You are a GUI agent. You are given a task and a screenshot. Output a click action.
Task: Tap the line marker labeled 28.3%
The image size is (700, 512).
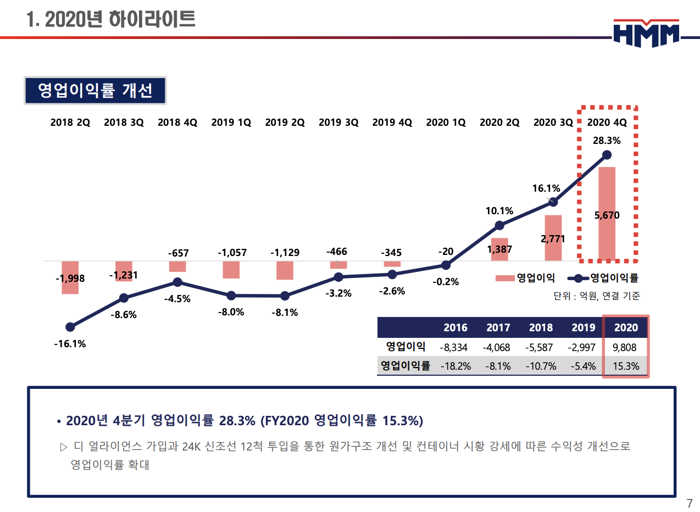(x=607, y=155)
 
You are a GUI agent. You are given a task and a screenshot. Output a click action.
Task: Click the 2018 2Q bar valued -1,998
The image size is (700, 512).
(x=70, y=277)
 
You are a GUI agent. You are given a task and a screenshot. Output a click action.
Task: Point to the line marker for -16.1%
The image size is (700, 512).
(x=70, y=327)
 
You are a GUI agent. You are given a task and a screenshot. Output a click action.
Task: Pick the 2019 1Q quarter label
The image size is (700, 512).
(x=231, y=123)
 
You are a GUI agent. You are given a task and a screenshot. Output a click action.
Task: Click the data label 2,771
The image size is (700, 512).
(x=553, y=239)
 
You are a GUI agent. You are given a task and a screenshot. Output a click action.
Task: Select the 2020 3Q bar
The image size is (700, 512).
(x=553, y=237)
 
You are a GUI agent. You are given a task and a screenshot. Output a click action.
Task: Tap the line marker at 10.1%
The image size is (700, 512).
(x=499, y=225)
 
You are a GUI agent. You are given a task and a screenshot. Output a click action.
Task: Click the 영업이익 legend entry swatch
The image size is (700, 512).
(x=505, y=278)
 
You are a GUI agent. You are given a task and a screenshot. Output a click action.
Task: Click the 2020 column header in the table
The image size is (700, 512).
(x=626, y=327)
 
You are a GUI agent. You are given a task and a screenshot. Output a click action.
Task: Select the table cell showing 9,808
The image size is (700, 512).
(x=626, y=347)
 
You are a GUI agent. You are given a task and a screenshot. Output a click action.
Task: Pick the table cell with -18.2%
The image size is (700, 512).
(x=455, y=366)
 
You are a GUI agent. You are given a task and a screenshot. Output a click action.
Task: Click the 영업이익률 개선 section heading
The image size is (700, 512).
(x=95, y=91)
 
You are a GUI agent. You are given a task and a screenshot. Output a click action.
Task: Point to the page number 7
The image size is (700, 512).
(x=690, y=503)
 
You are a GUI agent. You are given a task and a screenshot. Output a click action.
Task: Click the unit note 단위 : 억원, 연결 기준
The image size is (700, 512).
(x=597, y=296)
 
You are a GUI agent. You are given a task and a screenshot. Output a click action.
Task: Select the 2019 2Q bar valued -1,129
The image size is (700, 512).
(x=285, y=270)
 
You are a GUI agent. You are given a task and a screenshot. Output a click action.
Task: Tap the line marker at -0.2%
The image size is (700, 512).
(x=446, y=265)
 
